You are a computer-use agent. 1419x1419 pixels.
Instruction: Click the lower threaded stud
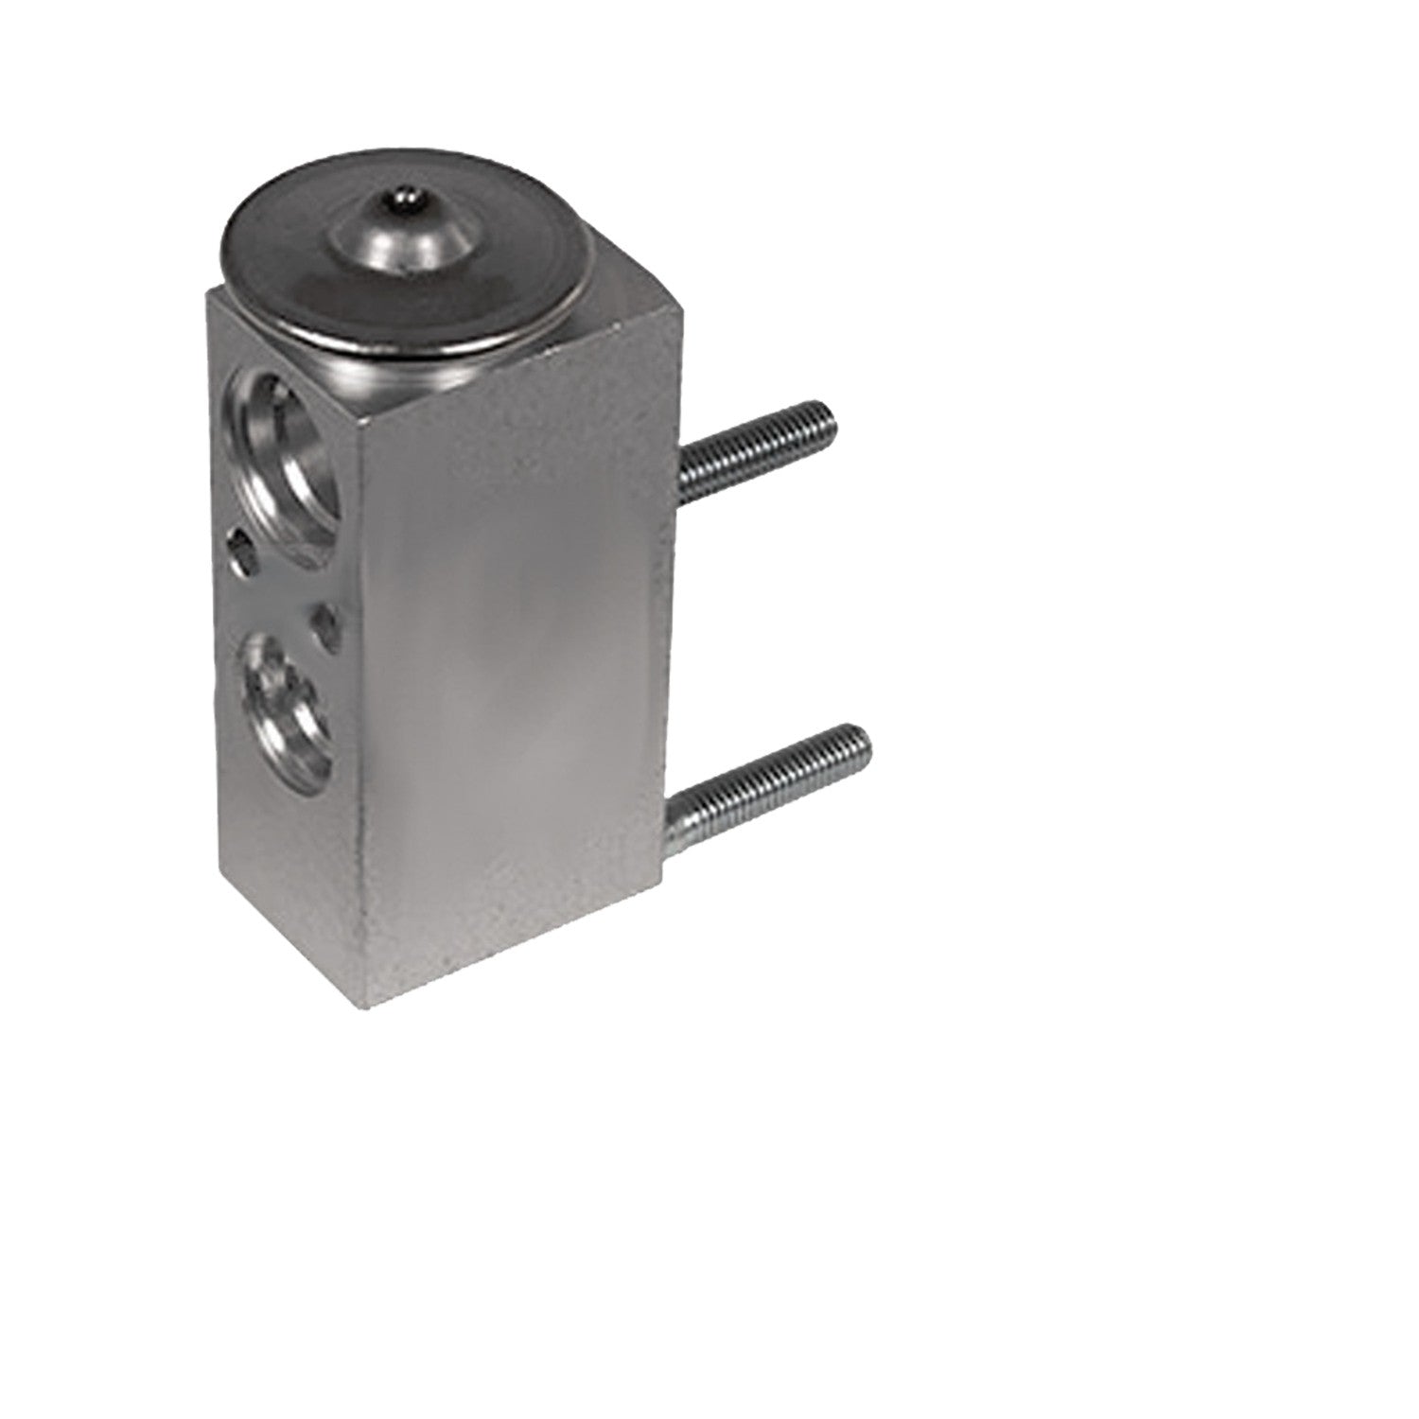tap(771, 771)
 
